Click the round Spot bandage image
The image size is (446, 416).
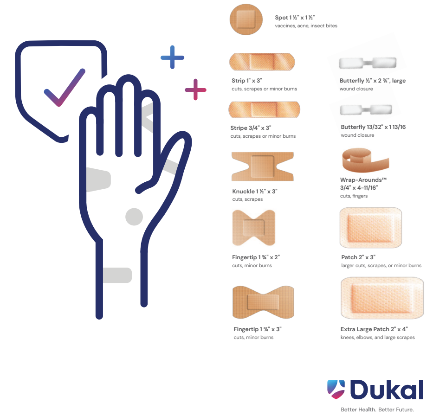(x=246, y=19)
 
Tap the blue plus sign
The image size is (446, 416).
(x=172, y=57)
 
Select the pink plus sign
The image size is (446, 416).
(x=195, y=90)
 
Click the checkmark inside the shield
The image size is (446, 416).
(x=65, y=88)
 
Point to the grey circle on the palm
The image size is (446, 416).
(x=134, y=217)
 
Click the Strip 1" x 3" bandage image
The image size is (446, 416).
(x=262, y=62)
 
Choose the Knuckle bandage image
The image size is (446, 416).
(x=263, y=166)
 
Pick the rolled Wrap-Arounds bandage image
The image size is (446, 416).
(x=365, y=160)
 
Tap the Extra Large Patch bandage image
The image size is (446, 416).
(x=382, y=298)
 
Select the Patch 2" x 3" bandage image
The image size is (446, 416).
(x=371, y=228)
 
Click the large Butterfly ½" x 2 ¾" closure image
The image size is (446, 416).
(x=368, y=63)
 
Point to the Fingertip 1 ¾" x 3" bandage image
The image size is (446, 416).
(x=263, y=302)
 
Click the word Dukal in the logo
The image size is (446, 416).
(x=387, y=389)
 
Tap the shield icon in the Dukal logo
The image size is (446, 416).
(x=336, y=389)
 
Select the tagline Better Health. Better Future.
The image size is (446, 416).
(x=377, y=410)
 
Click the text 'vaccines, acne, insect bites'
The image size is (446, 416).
(x=306, y=26)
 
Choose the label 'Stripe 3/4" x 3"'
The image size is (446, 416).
(x=251, y=128)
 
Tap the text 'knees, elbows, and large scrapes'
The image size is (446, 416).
(x=377, y=337)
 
